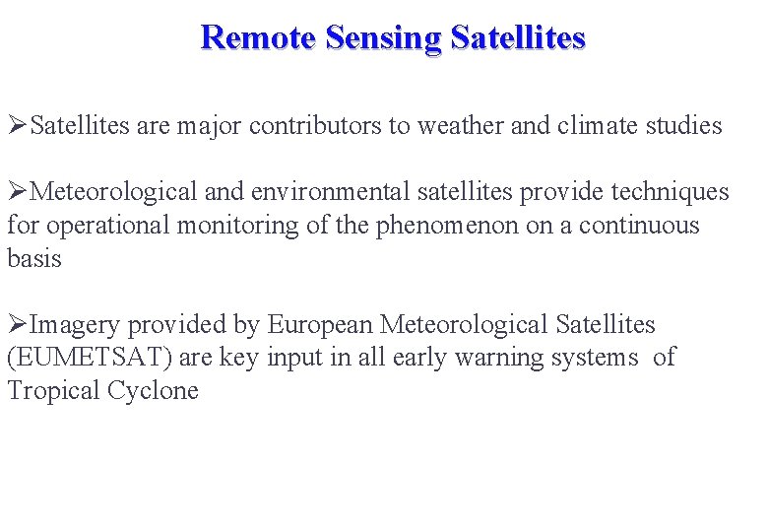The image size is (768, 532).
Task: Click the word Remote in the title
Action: [258, 37]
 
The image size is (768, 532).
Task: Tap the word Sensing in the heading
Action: [383, 37]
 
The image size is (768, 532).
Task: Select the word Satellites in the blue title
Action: [518, 37]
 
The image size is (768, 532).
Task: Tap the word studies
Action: [685, 126]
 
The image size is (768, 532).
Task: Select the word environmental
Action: [354, 192]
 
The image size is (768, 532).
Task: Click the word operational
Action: [103, 226]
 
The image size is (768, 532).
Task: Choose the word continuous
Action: [638, 226]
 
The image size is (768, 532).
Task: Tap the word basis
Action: [34, 259]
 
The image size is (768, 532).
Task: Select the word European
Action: [320, 324]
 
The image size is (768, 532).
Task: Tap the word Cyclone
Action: [153, 391]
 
